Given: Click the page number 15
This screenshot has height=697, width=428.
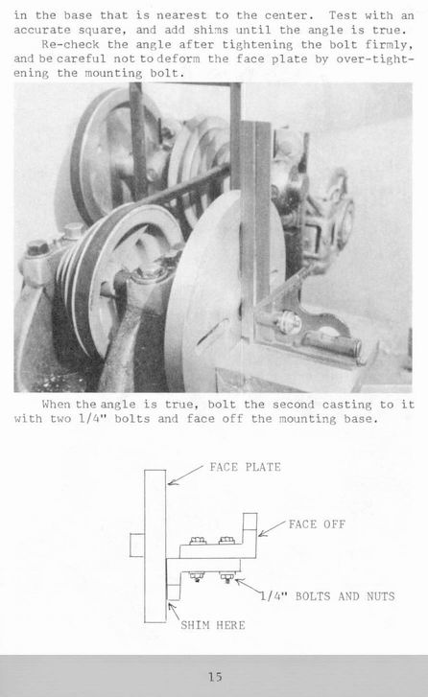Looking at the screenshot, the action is click(x=215, y=677).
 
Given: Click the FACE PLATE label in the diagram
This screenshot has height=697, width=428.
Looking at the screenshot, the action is click(x=245, y=467).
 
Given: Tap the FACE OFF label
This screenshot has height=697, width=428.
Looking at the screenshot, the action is click(x=317, y=524).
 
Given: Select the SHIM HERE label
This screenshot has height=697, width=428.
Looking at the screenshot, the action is click(x=213, y=625).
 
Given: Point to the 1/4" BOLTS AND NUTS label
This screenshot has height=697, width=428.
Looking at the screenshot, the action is click(x=327, y=596).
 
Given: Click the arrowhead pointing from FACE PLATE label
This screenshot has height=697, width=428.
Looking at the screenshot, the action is click(x=169, y=483).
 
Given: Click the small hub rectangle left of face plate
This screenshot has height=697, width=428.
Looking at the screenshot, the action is click(x=137, y=546).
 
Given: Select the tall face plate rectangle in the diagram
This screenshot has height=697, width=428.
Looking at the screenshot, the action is click(x=155, y=546).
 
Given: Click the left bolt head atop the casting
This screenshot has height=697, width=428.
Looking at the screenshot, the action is click(x=198, y=541).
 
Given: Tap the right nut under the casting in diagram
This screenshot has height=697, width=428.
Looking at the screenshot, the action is click(x=227, y=577).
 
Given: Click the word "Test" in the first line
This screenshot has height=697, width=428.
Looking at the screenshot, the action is click(x=343, y=15).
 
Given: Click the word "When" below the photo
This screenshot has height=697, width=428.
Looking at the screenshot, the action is click(x=56, y=405).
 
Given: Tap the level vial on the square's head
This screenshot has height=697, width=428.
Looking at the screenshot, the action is click(x=331, y=341).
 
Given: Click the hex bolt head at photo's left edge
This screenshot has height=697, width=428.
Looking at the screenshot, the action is click(x=37, y=247).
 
